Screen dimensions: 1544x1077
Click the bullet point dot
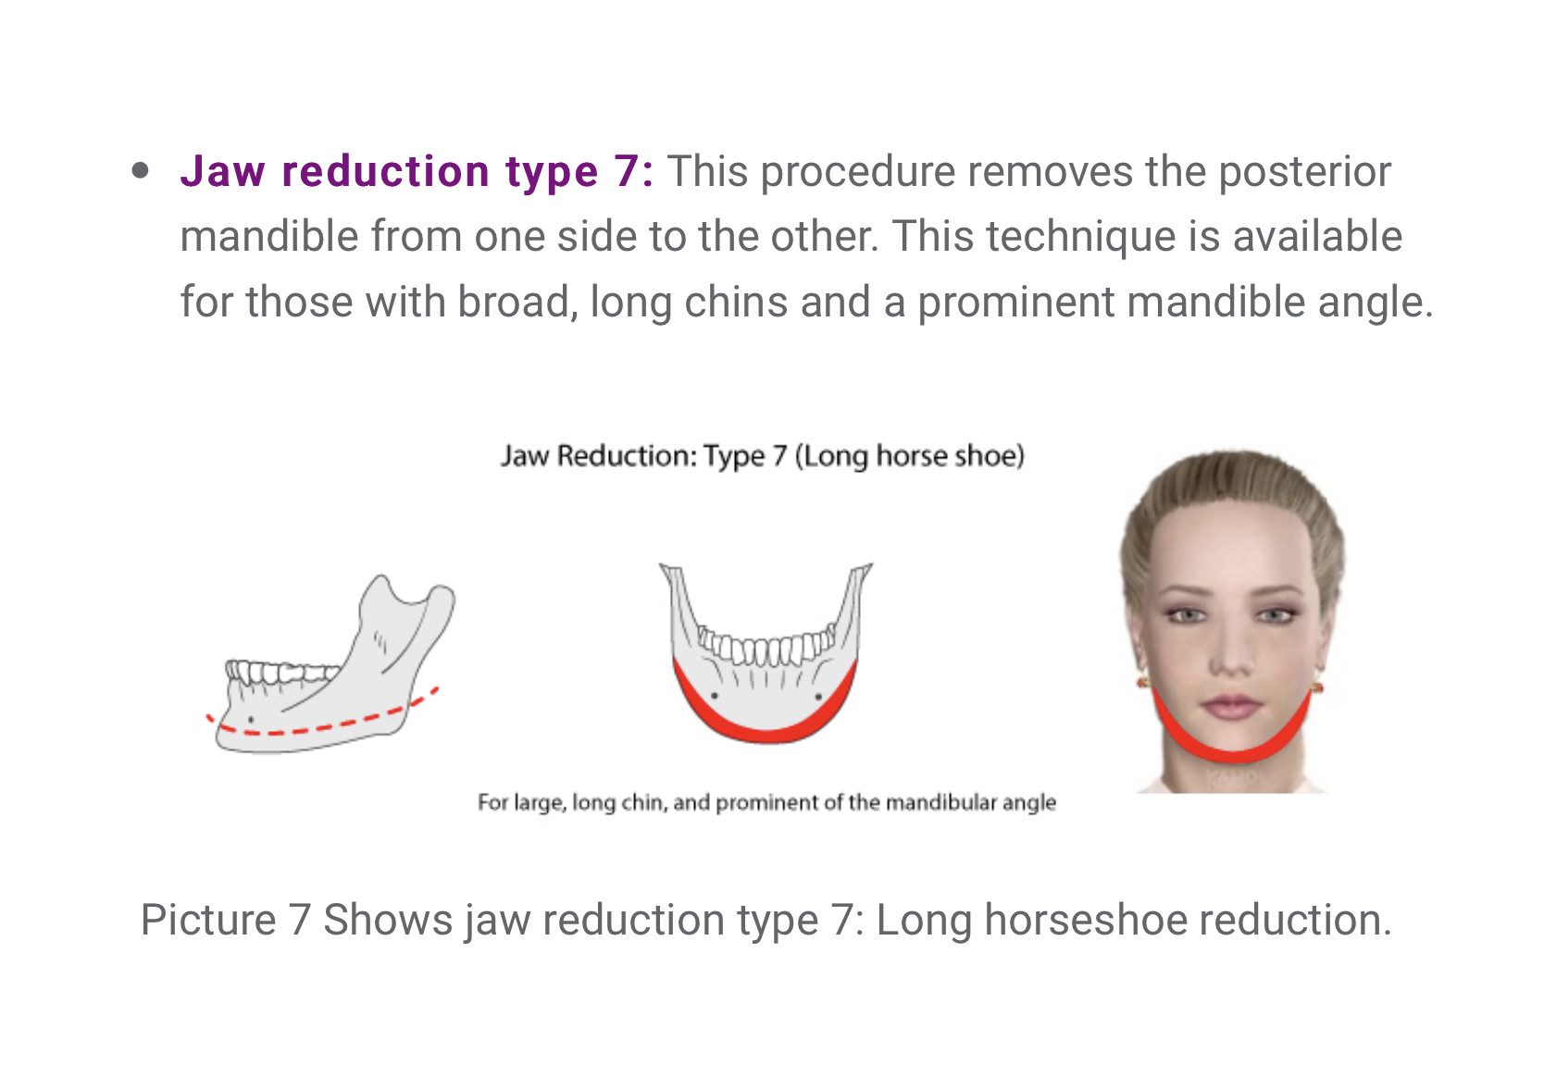tap(140, 170)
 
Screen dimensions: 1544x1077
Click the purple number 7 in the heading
tap(628, 171)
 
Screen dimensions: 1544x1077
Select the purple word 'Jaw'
tap(223, 171)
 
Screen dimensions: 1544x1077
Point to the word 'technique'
tap(1081, 237)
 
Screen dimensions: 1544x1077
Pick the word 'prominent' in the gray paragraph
tap(1016, 303)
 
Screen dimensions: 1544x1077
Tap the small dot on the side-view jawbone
tap(251, 719)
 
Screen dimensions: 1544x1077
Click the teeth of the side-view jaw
tap(282, 671)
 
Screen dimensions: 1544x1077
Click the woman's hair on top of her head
tap(1232, 482)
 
